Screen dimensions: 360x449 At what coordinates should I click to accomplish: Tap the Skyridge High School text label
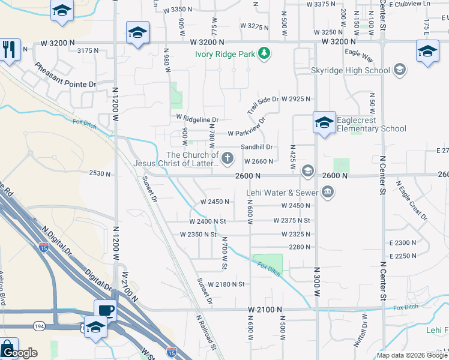click(351, 70)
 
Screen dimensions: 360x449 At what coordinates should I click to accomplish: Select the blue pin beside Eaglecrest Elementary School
click(324, 124)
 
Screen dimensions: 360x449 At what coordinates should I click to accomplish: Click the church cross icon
click(227, 158)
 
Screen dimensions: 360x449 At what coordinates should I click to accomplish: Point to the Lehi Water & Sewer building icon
click(328, 193)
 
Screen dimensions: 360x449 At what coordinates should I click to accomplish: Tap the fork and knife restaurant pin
click(8, 49)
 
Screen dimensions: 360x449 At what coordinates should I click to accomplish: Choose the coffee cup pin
click(106, 310)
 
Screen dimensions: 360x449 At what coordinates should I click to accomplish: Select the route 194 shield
click(37, 326)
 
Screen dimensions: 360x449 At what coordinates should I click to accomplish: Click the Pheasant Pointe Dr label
click(65, 76)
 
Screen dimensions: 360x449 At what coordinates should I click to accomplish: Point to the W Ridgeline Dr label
click(197, 118)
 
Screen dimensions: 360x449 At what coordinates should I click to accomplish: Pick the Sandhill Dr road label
click(256, 147)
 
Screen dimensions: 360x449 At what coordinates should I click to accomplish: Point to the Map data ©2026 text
click(399, 355)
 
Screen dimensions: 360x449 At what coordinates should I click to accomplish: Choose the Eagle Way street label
click(359, 56)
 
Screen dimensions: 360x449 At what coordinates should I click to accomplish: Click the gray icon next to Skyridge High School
click(399, 70)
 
